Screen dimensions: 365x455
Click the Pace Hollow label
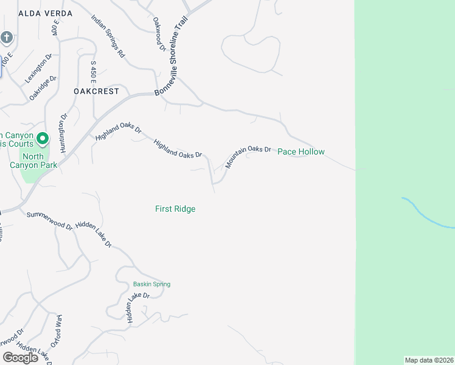tap(301, 151)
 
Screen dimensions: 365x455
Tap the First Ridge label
tap(175, 209)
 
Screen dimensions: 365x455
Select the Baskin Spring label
tap(151, 284)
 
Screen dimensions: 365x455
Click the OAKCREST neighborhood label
tap(96, 91)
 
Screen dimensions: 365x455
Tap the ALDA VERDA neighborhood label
tap(46, 13)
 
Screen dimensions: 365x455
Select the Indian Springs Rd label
tap(108, 35)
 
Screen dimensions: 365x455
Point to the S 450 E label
tap(94, 72)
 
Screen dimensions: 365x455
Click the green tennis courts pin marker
tap(42, 139)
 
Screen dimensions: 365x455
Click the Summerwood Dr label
tap(49, 220)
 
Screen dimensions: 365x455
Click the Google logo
tap(20, 358)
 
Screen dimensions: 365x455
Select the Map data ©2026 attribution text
tap(429, 360)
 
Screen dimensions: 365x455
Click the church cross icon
tap(7, 38)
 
